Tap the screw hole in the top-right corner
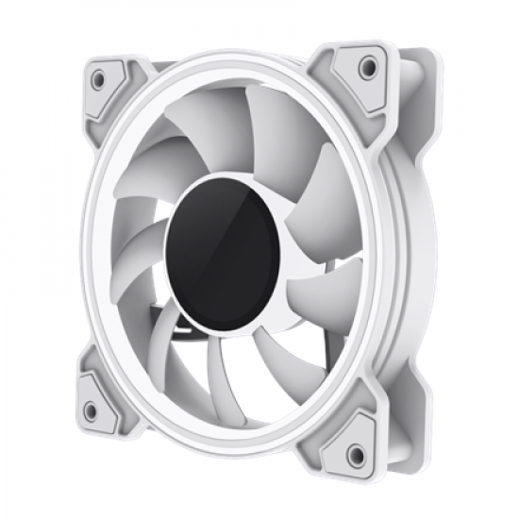point(368,67)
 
